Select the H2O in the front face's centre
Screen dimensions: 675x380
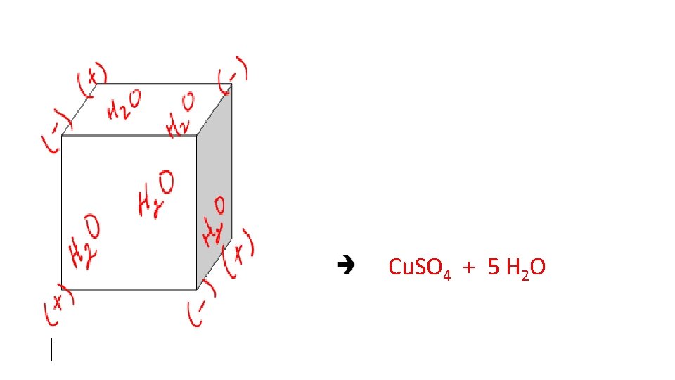coord(155,196)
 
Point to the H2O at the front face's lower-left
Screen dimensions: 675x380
coord(84,243)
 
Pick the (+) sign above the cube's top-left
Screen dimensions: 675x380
coord(92,79)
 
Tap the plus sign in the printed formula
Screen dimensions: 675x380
coord(466,267)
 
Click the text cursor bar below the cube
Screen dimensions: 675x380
coord(51,350)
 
